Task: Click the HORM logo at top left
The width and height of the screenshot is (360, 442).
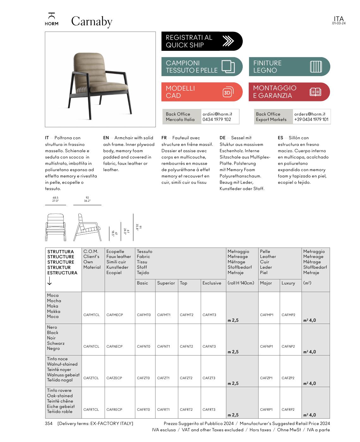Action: pyautogui.click(x=52, y=19)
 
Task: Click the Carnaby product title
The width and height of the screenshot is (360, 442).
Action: pyautogui.click(x=92, y=21)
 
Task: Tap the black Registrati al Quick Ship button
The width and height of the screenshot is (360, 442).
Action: pyautogui.click(x=202, y=41)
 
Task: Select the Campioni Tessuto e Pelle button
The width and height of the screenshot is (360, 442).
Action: pyautogui.click(x=202, y=67)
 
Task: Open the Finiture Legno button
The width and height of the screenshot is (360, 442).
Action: pyautogui.click(x=289, y=67)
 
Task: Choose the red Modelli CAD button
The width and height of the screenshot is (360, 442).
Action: pyautogui.click(x=202, y=92)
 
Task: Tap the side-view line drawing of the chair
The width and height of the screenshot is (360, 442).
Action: pyautogui.click(x=87, y=228)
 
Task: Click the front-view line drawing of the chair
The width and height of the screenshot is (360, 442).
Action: pyautogui.click(x=56, y=228)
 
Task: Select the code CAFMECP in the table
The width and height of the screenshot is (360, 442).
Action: pyautogui.click(x=114, y=315)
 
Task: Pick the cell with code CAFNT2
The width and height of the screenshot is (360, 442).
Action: pyautogui.click(x=186, y=346)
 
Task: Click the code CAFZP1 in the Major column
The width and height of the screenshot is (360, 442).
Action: pyautogui.click(x=266, y=378)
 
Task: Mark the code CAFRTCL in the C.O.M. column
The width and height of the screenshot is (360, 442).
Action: pyautogui.click(x=91, y=409)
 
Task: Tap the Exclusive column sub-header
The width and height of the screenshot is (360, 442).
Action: pyautogui.click(x=212, y=283)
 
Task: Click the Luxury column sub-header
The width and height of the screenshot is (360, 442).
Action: pyautogui.click(x=288, y=283)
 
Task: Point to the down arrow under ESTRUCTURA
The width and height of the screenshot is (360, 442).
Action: pyautogui.click(x=50, y=281)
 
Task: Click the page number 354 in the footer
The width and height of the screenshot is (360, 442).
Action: pyautogui.click(x=49, y=423)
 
